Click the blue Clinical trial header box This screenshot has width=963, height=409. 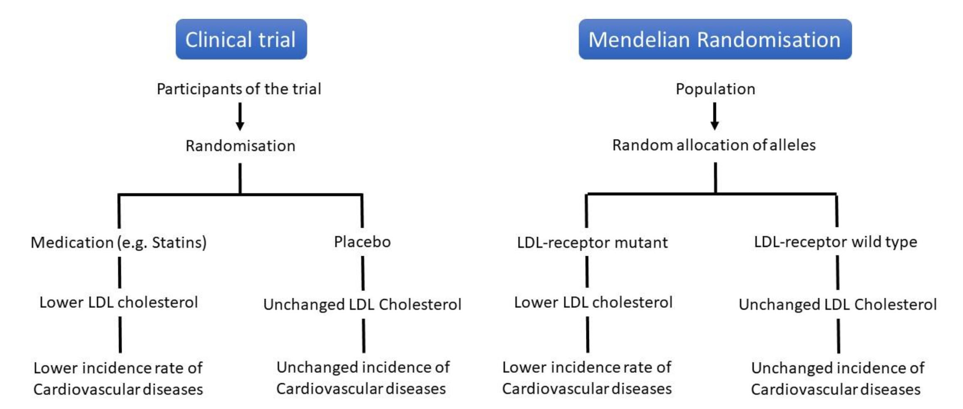pyautogui.click(x=241, y=39)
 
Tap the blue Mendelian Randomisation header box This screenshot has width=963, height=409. pyautogui.click(x=715, y=39)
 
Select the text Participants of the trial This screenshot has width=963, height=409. pyautogui.click(x=239, y=89)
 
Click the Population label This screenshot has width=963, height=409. pyautogui.click(x=715, y=89)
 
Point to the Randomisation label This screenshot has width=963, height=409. pyautogui.click(x=240, y=146)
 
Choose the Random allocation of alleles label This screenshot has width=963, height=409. pyautogui.click(x=714, y=145)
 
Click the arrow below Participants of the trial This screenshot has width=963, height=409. pyautogui.click(x=240, y=117)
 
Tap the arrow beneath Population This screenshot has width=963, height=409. pyautogui.click(x=715, y=117)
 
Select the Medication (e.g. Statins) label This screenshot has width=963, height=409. pyautogui.click(x=119, y=242)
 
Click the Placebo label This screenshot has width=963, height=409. pyautogui.click(x=362, y=242)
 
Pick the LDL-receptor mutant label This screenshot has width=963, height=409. pyautogui.click(x=592, y=242)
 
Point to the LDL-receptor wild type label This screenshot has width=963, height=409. pyautogui.click(x=835, y=242)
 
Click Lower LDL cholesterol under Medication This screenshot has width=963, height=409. pyautogui.click(x=119, y=302)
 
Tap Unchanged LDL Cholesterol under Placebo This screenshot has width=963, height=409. pyautogui.click(x=362, y=304)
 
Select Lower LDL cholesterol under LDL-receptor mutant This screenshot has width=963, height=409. pyautogui.click(x=593, y=302)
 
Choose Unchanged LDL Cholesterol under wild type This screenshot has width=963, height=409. pyautogui.click(x=837, y=304)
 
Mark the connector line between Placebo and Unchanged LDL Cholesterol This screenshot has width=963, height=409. pyautogui.click(x=363, y=273)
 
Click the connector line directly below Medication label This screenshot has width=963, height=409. pyautogui.click(x=119, y=272)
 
